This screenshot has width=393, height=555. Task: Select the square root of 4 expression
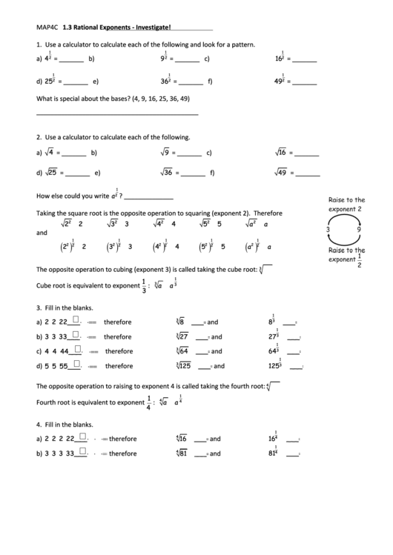[x=48, y=153]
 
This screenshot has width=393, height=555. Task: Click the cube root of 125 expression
[x=184, y=365]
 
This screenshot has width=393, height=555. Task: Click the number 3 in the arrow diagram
[x=327, y=230]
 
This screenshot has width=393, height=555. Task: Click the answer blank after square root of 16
[x=307, y=155]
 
